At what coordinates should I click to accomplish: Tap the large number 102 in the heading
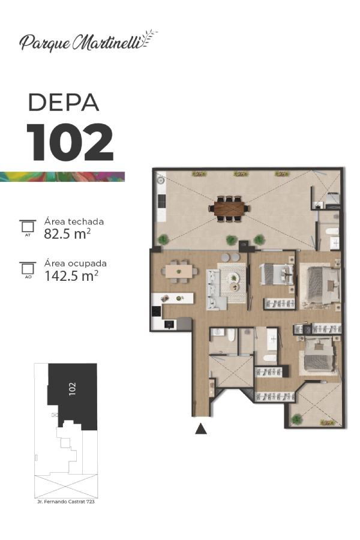click(x=70, y=142)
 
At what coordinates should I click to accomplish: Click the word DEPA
click(x=64, y=102)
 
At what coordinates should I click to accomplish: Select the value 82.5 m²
click(x=67, y=234)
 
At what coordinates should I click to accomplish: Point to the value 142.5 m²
click(x=71, y=276)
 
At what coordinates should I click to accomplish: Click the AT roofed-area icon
click(x=28, y=227)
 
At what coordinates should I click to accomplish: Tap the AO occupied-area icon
click(x=28, y=270)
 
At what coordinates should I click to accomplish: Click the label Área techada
click(x=74, y=221)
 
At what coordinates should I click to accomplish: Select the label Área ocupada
click(x=76, y=263)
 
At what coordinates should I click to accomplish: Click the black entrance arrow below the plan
click(x=201, y=429)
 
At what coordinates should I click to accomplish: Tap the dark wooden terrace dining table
click(x=229, y=208)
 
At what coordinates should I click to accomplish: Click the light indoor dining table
click(x=179, y=271)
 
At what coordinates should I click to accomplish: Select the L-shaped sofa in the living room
click(x=215, y=290)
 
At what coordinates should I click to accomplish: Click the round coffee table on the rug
click(x=234, y=287)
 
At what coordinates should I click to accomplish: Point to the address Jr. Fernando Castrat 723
click(x=66, y=502)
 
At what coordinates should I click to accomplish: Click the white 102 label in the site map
click(x=72, y=389)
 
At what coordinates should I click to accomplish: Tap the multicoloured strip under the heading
click(x=62, y=176)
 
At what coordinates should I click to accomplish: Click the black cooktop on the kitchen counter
click(x=156, y=311)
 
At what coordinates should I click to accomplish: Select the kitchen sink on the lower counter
click(x=169, y=324)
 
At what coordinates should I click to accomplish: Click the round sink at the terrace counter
click(x=160, y=180)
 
